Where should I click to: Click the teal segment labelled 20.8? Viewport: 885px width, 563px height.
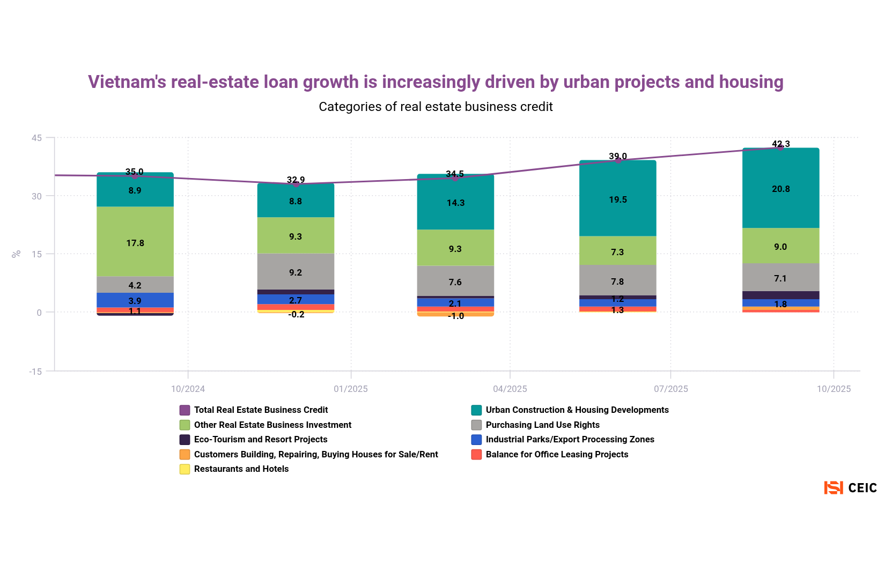pyautogui.click(x=780, y=188)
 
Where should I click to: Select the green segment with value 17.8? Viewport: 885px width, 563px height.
pyautogui.click(x=135, y=242)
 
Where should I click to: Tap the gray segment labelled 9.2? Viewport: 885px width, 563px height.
pyautogui.click(x=296, y=272)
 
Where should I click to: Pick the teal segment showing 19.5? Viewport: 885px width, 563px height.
pyautogui.click(x=618, y=198)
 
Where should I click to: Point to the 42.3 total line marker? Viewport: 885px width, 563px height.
pyautogui.click(x=780, y=148)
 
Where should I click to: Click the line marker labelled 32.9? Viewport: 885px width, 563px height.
pyautogui.click(x=296, y=184)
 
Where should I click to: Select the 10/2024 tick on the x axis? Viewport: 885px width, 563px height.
pyautogui.click(x=188, y=389)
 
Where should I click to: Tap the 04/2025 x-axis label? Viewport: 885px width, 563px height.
pyautogui.click(x=510, y=389)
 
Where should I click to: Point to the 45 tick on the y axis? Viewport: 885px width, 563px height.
pyautogui.click(x=36, y=138)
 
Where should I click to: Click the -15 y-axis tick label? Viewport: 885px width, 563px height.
pyautogui.click(x=35, y=371)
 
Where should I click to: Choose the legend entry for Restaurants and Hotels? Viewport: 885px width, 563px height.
pyautogui.click(x=241, y=469)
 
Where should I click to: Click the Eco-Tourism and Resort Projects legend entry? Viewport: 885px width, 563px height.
pyautogui.click(x=260, y=440)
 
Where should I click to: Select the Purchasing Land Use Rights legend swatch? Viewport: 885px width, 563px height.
pyautogui.click(x=476, y=425)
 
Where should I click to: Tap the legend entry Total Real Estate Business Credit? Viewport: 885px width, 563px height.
pyautogui.click(x=261, y=410)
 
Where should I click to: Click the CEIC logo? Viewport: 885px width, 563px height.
pyautogui.click(x=850, y=487)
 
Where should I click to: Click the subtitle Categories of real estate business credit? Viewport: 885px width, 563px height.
pyautogui.click(x=436, y=107)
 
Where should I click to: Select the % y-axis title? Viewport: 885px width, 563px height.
pyautogui.click(x=17, y=254)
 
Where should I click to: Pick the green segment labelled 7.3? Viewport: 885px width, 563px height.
pyautogui.click(x=618, y=251)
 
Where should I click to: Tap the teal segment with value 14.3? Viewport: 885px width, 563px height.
pyautogui.click(x=455, y=202)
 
